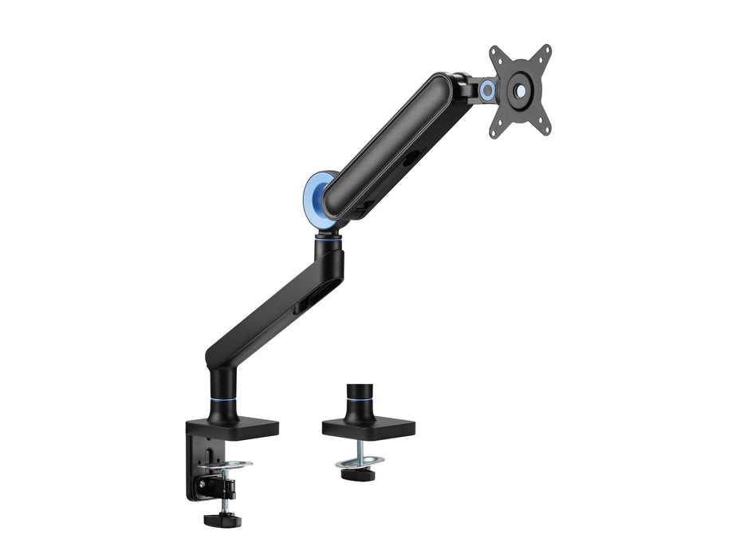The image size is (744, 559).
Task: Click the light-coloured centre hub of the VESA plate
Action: click(520, 91)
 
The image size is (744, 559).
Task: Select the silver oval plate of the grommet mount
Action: click(359, 461)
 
